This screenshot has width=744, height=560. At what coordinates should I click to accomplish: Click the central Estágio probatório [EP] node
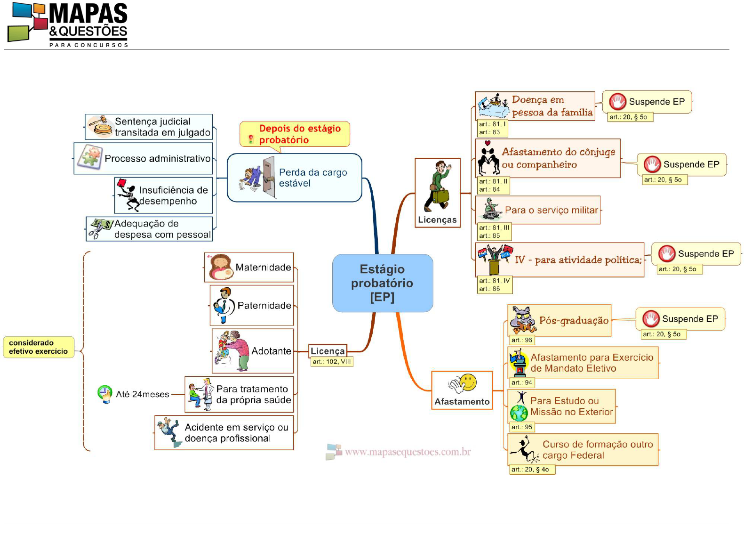pyautogui.click(x=382, y=283)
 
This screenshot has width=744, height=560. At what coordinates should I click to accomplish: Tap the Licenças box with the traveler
pyautogui.click(x=437, y=193)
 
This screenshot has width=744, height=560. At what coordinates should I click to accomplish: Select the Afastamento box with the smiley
pyautogui.click(x=462, y=390)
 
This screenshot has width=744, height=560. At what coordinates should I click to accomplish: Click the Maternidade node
pyautogui.click(x=249, y=267)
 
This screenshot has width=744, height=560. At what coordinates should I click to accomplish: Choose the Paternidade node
pyautogui.click(x=252, y=305)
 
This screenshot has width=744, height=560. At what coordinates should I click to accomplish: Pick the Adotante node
pyautogui.click(x=253, y=351)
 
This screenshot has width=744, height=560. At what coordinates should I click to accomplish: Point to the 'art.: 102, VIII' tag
pyautogui.click(x=331, y=362)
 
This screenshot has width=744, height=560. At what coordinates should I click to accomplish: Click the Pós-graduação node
pyautogui.click(x=560, y=320)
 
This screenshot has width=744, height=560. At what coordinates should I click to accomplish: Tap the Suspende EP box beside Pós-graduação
pyautogui.click(x=680, y=319)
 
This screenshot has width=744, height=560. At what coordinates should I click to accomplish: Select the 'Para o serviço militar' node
pyautogui.click(x=538, y=210)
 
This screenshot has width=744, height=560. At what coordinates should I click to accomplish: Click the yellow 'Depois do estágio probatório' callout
pyautogui.click(x=295, y=134)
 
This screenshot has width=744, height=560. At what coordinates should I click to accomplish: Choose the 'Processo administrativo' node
pyautogui.click(x=144, y=158)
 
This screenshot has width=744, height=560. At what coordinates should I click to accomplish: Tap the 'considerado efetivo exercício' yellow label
pyautogui.click(x=39, y=347)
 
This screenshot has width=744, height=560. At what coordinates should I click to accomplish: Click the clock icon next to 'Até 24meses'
pyautogui.click(x=104, y=393)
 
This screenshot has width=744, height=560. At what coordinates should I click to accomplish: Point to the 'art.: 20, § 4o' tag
pyautogui.click(x=532, y=470)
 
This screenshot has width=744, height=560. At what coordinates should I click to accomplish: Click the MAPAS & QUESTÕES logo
pyautogui.click(x=68, y=24)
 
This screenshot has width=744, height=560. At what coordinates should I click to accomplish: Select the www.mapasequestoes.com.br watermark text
pyautogui.click(x=408, y=452)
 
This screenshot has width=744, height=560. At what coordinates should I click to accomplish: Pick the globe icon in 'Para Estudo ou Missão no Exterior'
pyautogui.click(x=519, y=413)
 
